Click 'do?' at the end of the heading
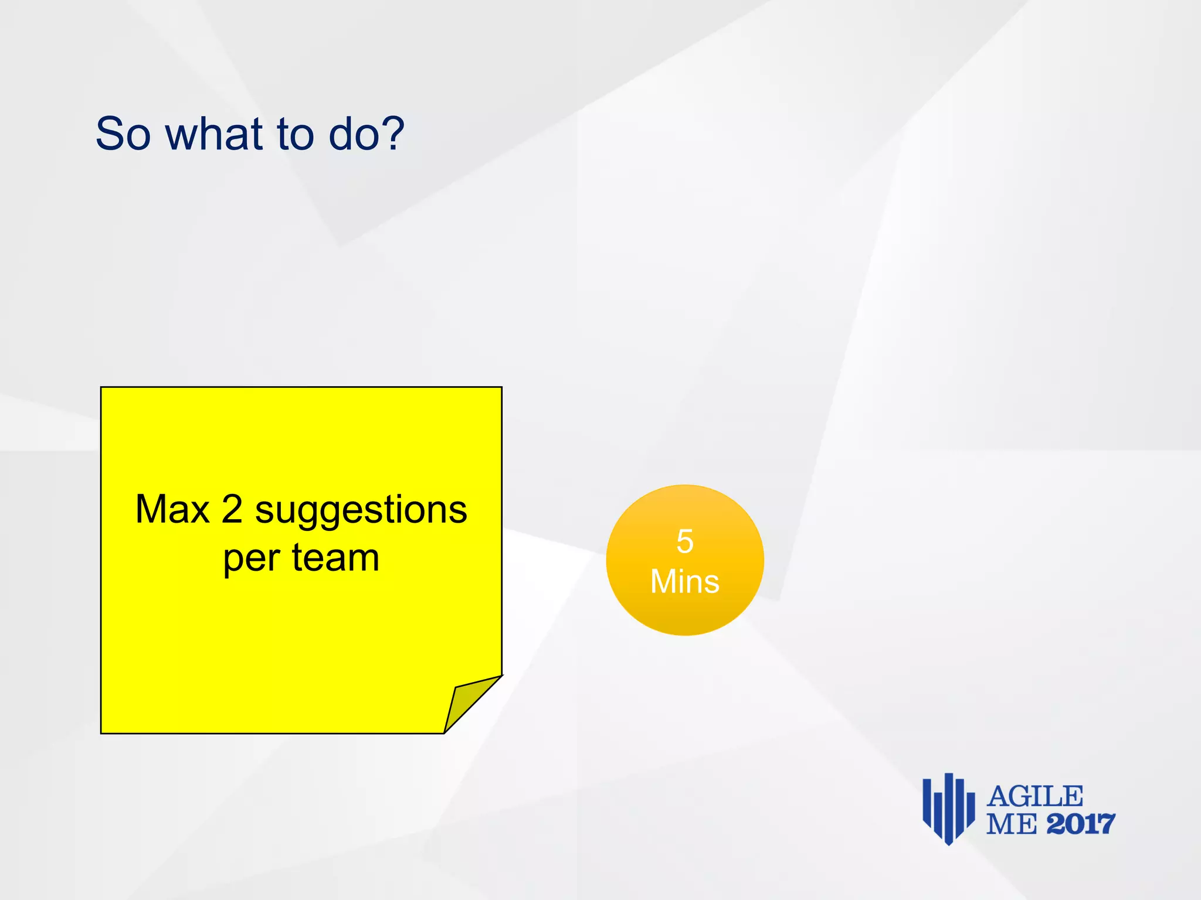click(x=366, y=134)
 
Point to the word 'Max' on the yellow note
click(x=172, y=509)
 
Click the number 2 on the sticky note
click(x=232, y=509)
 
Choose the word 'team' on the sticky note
click(x=335, y=557)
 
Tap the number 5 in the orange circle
click(x=684, y=541)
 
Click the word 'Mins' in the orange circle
click(x=684, y=582)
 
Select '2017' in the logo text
click(x=1080, y=824)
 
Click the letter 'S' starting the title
click(x=109, y=134)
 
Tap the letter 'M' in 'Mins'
click(x=663, y=582)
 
